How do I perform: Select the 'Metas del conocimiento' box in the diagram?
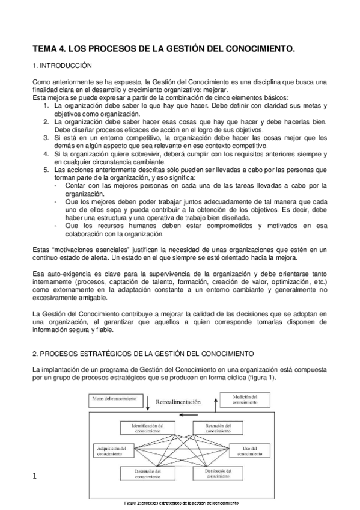(x=114, y=399)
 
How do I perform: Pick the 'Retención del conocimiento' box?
(x=213, y=428)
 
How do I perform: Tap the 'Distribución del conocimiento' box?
(x=213, y=474)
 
